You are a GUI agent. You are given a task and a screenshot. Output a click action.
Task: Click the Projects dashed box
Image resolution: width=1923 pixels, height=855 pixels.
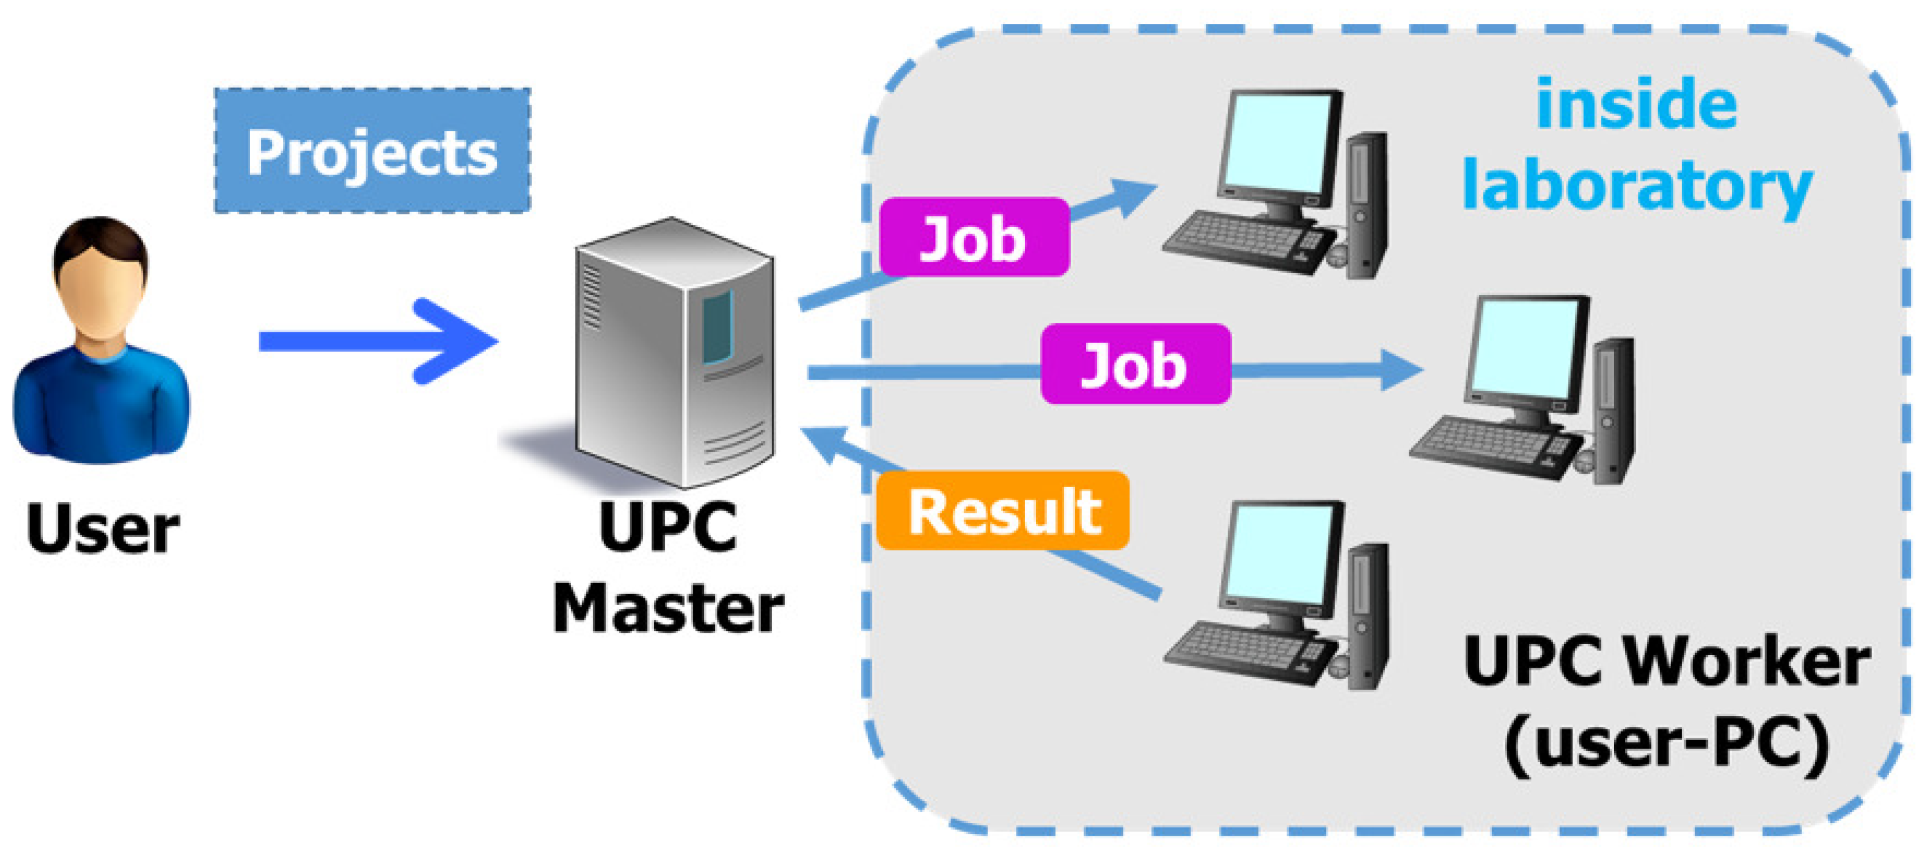click(x=372, y=150)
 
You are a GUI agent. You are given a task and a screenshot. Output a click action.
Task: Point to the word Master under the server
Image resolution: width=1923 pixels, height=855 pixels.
click(x=668, y=610)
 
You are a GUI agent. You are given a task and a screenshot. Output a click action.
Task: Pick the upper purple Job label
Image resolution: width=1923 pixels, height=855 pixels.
click(x=974, y=238)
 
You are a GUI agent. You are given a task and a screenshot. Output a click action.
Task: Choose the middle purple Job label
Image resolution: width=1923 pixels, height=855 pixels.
click(x=1135, y=365)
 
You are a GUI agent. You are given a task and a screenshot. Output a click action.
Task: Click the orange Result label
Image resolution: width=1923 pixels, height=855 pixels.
click(x=1003, y=512)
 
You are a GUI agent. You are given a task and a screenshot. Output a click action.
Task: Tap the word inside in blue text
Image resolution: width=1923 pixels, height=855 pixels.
click(x=1637, y=105)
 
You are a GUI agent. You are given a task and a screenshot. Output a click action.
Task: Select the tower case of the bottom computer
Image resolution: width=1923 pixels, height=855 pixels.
click(x=1368, y=616)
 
